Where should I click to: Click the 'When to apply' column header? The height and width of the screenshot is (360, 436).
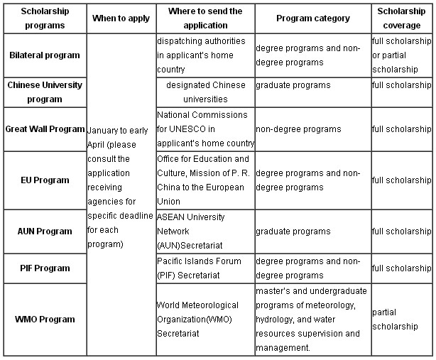click(121, 18)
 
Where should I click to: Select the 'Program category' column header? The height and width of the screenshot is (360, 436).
click(313, 18)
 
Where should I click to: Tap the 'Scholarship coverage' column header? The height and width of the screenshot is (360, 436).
click(401, 18)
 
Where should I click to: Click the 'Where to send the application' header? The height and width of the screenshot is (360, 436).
click(205, 18)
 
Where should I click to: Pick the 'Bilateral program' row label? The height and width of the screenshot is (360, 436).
click(45, 55)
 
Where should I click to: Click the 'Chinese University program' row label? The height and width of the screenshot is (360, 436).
click(45, 92)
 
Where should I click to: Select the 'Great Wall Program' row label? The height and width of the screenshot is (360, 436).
click(45, 129)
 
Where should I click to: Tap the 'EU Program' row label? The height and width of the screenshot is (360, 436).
click(45, 180)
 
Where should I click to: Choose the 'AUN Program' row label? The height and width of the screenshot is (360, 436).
click(45, 231)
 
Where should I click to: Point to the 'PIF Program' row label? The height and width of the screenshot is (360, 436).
click(45, 268)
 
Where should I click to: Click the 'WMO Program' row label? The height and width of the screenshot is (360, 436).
click(45, 319)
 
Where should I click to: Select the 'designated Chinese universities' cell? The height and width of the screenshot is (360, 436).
click(205, 92)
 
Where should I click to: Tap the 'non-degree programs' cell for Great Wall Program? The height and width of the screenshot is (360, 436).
click(298, 129)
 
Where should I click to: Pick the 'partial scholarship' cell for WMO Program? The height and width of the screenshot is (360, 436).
click(395, 319)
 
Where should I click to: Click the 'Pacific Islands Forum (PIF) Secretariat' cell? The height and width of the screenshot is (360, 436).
click(199, 268)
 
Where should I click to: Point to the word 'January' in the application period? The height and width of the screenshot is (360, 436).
click(102, 131)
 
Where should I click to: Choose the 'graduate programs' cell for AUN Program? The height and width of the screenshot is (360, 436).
click(293, 231)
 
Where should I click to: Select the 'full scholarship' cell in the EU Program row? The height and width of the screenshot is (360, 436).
click(401, 180)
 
